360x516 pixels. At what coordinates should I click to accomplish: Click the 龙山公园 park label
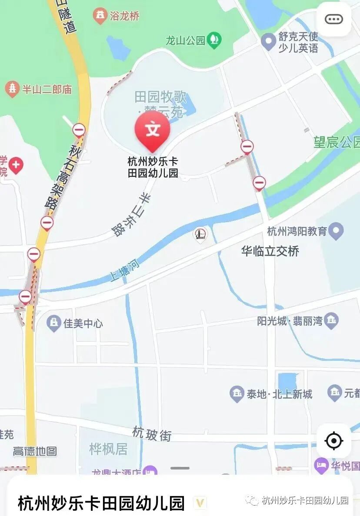tap(185, 40)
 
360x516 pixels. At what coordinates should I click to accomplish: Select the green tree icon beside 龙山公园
tap(214, 40)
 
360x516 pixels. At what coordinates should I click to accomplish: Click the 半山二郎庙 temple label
tap(47, 90)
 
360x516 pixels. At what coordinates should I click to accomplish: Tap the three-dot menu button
tap(333, 19)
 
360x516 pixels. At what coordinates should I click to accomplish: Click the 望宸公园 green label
tap(337, 142)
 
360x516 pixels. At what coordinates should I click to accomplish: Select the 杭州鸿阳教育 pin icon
tap(336, 231)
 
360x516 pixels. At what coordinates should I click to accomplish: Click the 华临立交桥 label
tap(270, 251)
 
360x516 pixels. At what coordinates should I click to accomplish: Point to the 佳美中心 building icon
tap(54, 323)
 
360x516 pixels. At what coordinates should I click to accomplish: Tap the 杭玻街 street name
tap(152, 434)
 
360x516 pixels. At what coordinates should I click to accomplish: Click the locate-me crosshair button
tap(333, 441)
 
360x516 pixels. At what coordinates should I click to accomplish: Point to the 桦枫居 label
tap(108, 449)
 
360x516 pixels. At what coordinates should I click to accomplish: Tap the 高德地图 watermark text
tap(35, 451)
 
